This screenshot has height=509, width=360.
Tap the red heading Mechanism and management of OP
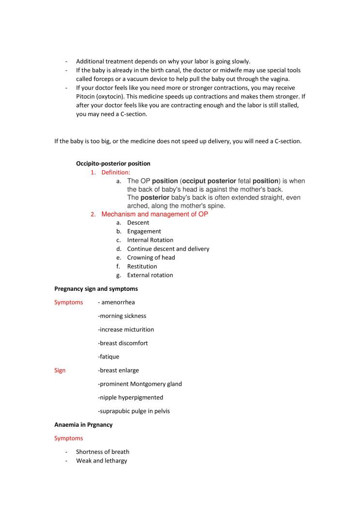(x=155, y=214)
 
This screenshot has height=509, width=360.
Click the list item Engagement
(x=144, y=231)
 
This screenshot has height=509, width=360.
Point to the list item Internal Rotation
(x=150, y=240)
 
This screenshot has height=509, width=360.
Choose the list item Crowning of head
(x=151, y=257)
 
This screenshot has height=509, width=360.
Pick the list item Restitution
(x=142, y=266)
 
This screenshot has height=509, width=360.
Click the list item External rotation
(x=150, y=275)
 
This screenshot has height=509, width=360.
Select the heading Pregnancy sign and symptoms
(x=96, y=289)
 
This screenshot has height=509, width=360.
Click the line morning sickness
(x=122, y=316)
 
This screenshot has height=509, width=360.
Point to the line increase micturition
(x=126, y=329)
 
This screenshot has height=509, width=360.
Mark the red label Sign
(x=60, y=370)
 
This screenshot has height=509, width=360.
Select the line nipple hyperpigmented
(x=131, y=397)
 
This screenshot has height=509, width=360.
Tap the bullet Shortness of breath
(x=103, y=452)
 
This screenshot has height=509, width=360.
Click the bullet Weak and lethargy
(x=102, y=461)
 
